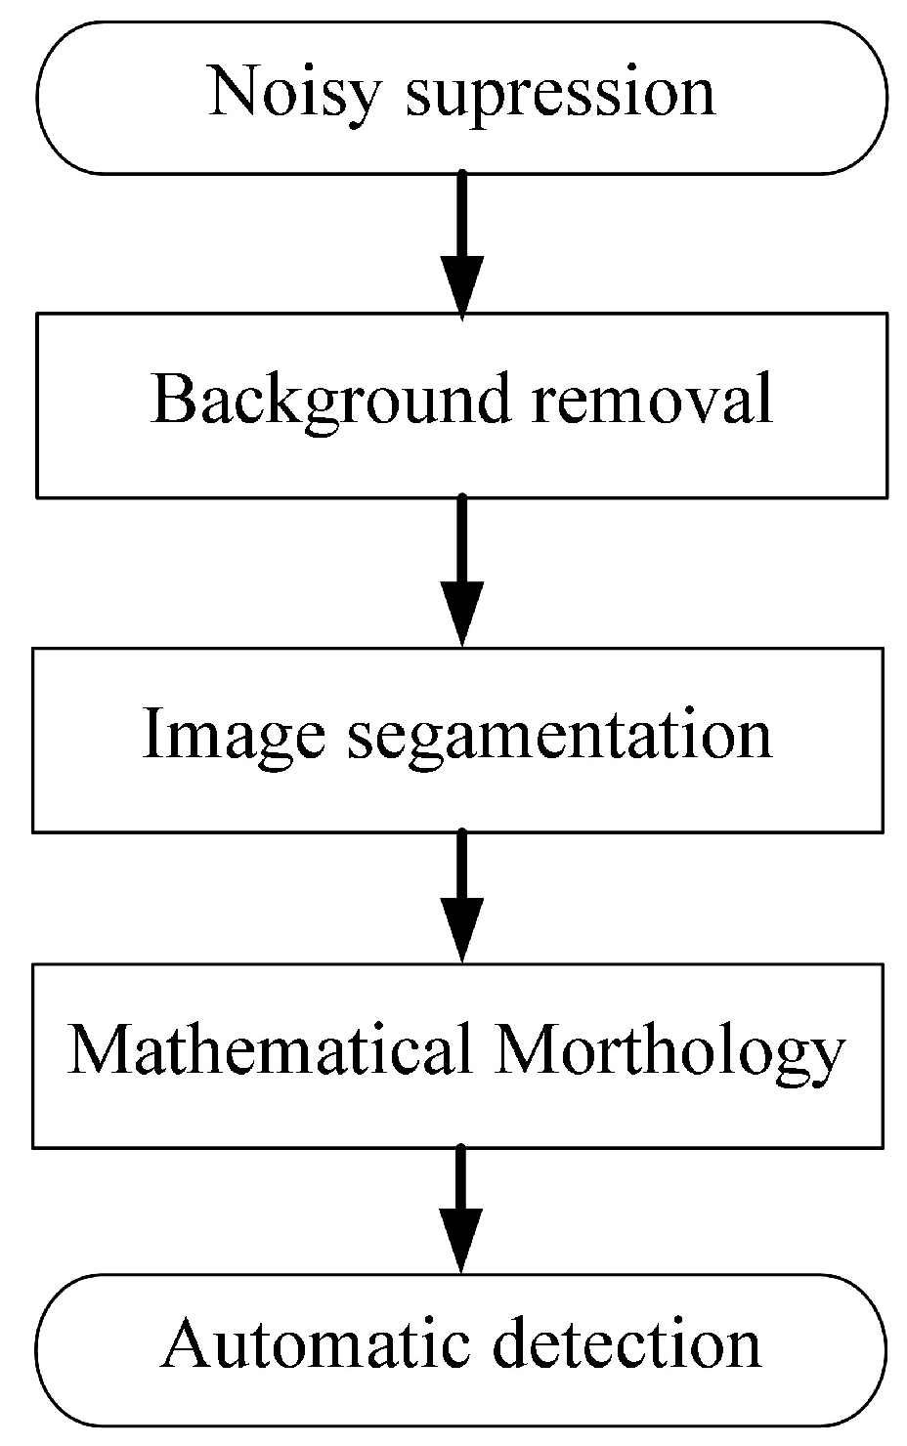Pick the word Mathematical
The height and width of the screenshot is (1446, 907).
click(270, 1051)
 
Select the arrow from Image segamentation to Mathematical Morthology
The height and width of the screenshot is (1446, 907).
click(462, 896)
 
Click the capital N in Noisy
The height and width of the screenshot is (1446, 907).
click(231, 92)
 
